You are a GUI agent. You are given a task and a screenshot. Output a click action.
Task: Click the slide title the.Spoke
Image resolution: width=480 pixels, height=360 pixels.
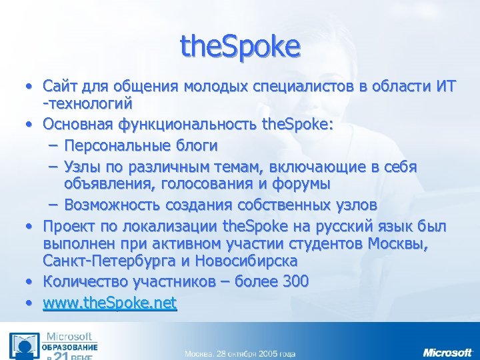click(241, 46)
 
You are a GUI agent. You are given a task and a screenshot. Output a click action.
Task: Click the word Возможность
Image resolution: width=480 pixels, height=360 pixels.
click(114, 203)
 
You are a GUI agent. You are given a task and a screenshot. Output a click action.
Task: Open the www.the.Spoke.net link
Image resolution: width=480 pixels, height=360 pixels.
click(109, 303)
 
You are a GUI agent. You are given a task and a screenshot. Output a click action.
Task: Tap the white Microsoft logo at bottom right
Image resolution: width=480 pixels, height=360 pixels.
click(447, 351)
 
